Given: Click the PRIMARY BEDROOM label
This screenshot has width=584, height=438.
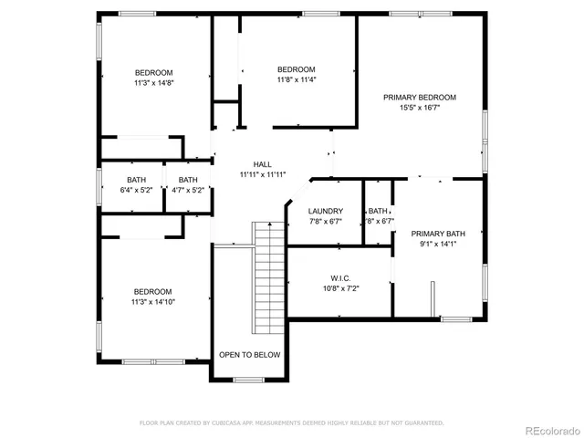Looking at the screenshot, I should [x=420, y=97].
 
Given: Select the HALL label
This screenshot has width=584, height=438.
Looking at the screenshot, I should [x=263, y=164].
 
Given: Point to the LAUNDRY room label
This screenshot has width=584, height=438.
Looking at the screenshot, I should [x=326, y=211].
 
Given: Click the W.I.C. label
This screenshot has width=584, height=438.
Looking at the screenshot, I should [x=340, y=278].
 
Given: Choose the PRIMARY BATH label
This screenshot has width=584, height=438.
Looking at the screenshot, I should [x=438, y=234].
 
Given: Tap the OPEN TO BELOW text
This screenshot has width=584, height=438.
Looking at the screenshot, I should [x=250, y=355].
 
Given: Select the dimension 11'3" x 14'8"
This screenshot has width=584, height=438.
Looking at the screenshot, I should [x=154, y=83].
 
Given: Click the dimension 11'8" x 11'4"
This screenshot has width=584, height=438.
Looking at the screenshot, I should [x=297, y=79].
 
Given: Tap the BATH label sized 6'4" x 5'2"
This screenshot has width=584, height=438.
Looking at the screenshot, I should [x=136, y=180].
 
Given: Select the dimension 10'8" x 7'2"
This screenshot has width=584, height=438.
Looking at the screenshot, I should [x=340, y=288].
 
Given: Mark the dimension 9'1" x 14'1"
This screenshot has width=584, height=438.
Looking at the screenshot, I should [x=438, y=244].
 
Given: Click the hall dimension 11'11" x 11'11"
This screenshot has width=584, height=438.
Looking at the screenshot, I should [x=263, y=174].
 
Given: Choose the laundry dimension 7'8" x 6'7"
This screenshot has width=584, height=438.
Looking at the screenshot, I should [x=326, y=221].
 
